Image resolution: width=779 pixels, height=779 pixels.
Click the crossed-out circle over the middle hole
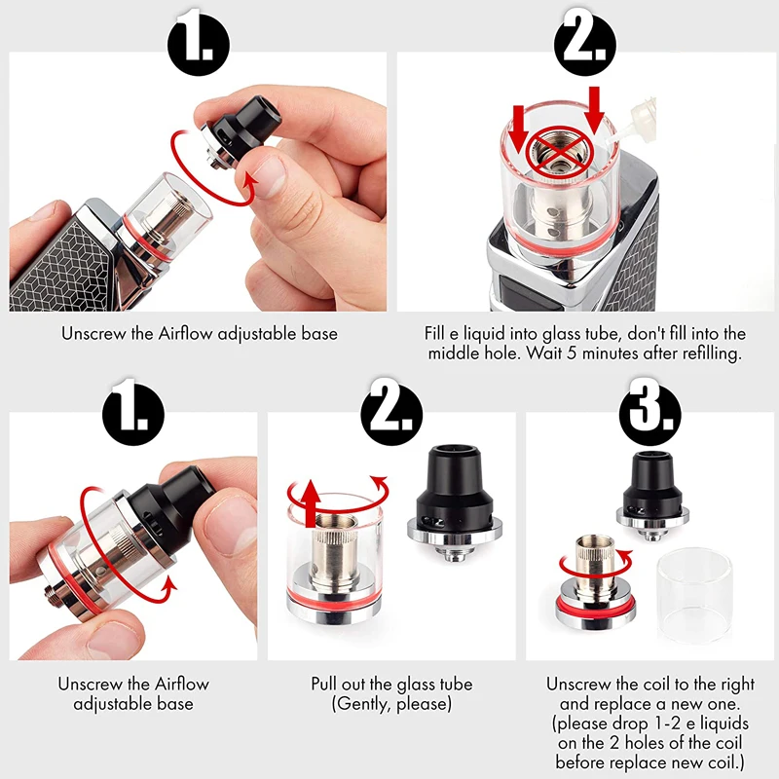tap(560, 150)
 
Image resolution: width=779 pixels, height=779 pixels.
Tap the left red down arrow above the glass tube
tap(518, 129)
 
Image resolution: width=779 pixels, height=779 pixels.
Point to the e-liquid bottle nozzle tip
tap(612, 139)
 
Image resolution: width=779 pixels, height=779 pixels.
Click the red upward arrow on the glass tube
tap(311, 503)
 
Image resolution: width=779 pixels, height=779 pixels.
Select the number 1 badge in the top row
tap(199, 45)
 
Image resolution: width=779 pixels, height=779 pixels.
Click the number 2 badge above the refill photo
tap(585, 45)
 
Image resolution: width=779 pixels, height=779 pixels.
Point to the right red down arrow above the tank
tap(594, 110)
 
